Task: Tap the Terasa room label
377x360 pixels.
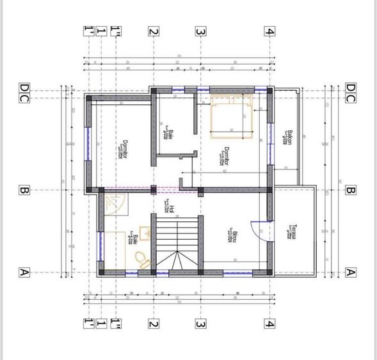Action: (292, 232)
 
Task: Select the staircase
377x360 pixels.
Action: (179, 243)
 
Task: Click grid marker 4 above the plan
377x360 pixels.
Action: (271, 31)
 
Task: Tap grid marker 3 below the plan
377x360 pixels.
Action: (200, 324)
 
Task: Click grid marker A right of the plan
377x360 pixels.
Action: (350, 272)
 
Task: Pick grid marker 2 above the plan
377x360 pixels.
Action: (153, 31)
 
